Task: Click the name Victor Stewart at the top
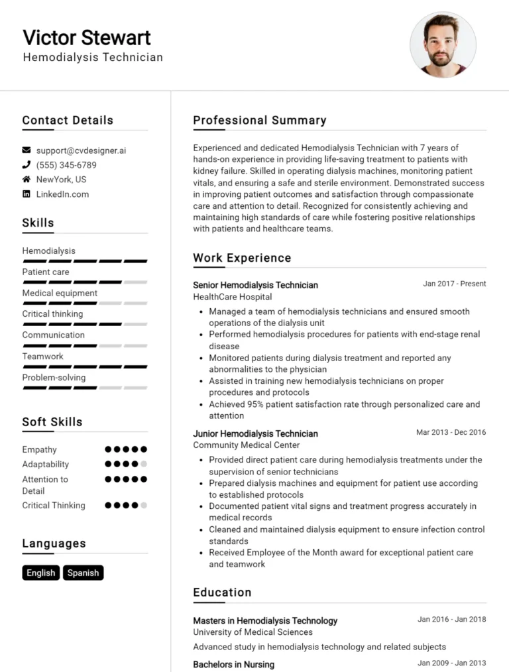tap(87, 37)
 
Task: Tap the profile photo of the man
tap(443, 44)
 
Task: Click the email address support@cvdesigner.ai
tap(81, 150)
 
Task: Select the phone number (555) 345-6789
tap(66, 165)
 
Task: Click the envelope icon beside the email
tap(27, 150)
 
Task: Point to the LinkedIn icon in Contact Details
tap(27, 194)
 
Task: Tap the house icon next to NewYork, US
tap(27, 180)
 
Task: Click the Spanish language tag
tap(84, 573)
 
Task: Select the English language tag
tap(41, 573)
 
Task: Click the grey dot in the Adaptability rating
tap(144, 465)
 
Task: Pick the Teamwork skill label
tap(42, 357)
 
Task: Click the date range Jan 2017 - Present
tap(454, 284)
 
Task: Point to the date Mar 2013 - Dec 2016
tap(451, 432)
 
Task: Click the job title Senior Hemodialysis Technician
tap(255, 285)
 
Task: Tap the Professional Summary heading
tap(259, 121)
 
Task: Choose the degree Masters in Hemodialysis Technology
tap(265, 621)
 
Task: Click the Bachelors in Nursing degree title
tap(233, 664)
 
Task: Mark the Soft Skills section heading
tap(52, 422)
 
